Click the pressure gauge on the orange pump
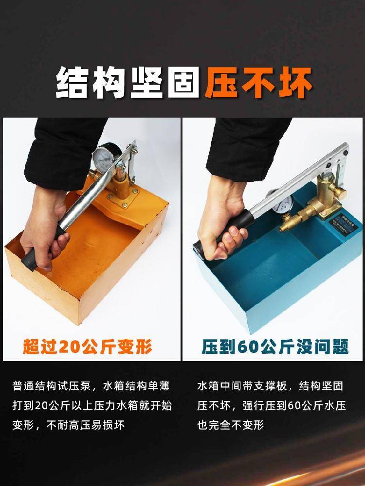click(x=104, y=156)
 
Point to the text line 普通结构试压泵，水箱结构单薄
click(x=91, y=386)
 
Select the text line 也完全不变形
click(x=230, y=424)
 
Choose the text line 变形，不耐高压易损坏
click(x=68, y=425)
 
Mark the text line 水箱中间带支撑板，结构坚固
click(x=270, y=386)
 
